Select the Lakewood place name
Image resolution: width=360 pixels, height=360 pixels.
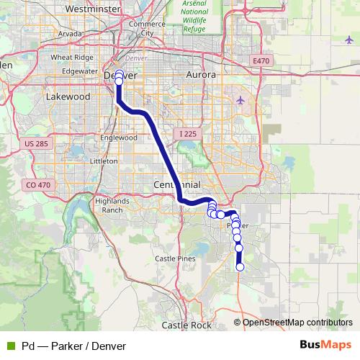(66, 96)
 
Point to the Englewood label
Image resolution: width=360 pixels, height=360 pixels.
(119, 137)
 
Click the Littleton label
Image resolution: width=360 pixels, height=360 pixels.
(102, 161)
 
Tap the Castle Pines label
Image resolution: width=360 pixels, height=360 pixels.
(176, 258)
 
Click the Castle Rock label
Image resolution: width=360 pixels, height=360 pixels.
(186, 325)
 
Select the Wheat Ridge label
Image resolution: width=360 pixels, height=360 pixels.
(70, 57)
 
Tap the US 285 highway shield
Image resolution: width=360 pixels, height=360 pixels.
(36, 144)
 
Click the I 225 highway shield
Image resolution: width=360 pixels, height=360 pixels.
(186, 134)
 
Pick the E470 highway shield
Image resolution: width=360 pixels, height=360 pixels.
(260, 61)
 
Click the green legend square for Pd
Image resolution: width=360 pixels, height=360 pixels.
(10, 346)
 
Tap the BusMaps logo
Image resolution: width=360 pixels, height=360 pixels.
(325, 346)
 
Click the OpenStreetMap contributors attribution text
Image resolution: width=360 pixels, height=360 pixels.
(297, 322)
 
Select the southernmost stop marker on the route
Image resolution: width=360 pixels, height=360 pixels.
(240, 267)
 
